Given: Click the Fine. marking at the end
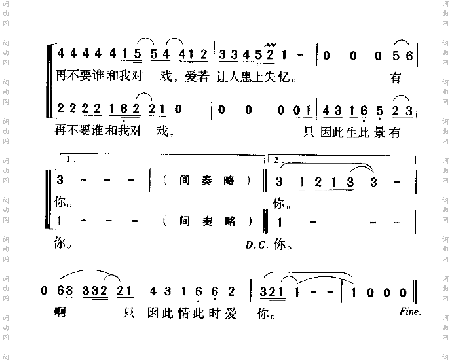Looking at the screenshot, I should (x=410, y=312).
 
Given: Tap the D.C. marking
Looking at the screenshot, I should (x=255, y=245).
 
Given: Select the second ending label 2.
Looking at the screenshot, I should (x=277, y=160).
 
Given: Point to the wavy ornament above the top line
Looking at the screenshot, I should (x=267, y=44).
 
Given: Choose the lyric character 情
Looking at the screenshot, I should (x=193, y=313).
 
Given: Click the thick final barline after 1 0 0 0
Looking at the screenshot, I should (x=417, y=291).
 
